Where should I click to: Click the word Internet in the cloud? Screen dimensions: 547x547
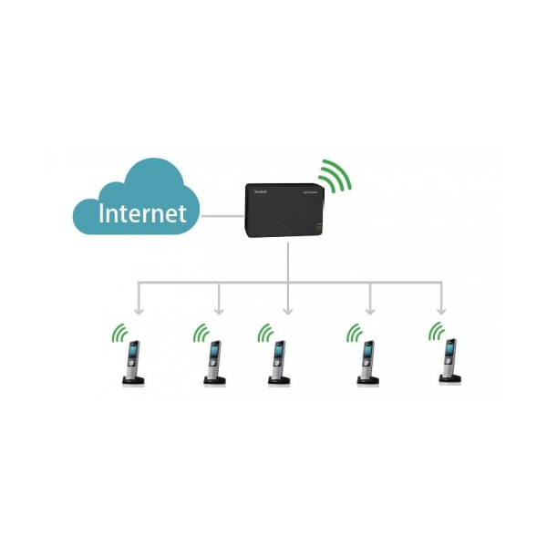click(x=142, y=213)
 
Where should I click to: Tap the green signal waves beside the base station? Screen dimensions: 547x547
click(x=335, y=177)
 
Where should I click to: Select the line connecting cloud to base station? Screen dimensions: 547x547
click(x=222, y=216)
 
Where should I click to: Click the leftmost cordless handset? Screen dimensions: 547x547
click(x=133, y=361)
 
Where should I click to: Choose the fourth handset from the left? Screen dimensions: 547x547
click(x=366, y=361)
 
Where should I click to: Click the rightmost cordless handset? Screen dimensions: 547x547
click(x=449, y=359)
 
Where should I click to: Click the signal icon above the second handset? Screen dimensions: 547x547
click(x=199, y=332)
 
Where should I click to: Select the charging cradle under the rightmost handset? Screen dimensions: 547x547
click(x=449, y=381)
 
